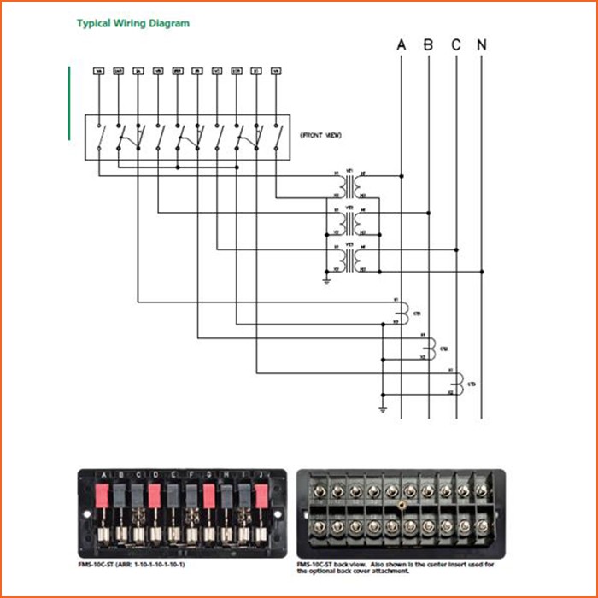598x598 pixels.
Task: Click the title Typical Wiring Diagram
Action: [133, 24]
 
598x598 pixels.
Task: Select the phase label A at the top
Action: [402, 44]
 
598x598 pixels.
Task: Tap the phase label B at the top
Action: [429, 44]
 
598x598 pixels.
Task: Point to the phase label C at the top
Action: [456, 44]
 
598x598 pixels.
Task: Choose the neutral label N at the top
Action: [483, 44]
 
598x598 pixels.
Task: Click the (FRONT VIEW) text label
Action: [320, 135]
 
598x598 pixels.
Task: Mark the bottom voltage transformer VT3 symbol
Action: [348, 260]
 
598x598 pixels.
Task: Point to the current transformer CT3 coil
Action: [459, 384]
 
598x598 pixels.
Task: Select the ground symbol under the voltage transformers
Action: [326, 279]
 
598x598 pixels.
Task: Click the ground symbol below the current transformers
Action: [384, 411]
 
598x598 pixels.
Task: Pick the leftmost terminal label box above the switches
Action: [98, 72]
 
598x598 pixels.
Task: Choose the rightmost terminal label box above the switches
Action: [275, 72]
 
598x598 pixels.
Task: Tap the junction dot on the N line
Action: [483, 272]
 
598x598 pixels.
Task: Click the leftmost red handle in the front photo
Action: [101, 495]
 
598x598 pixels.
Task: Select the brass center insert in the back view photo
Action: [400, 507]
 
